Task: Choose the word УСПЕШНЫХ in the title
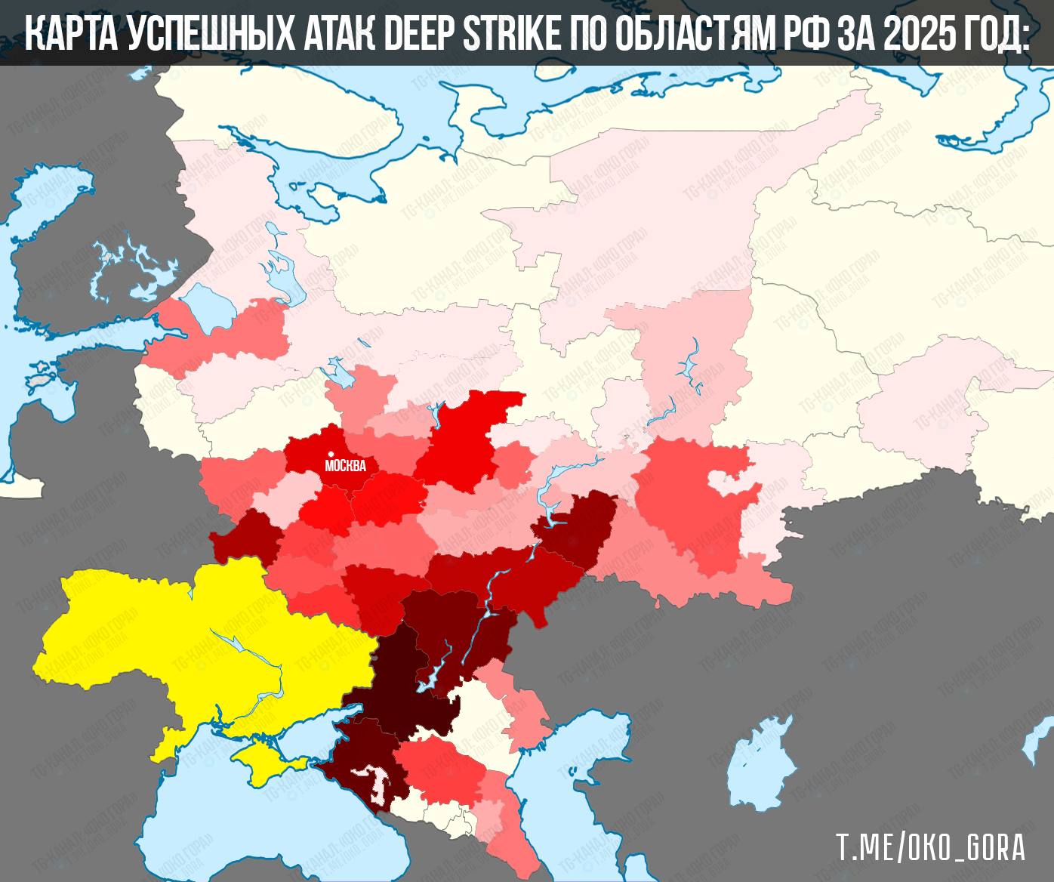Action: pyautogui.click(x=208, y=33)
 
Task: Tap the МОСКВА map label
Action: pyautogui.click(x=345, y=466)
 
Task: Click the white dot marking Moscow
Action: pyautogui.click(x=331, y=454)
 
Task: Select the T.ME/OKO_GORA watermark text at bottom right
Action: pyautogui.click(x=929, y=847)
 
